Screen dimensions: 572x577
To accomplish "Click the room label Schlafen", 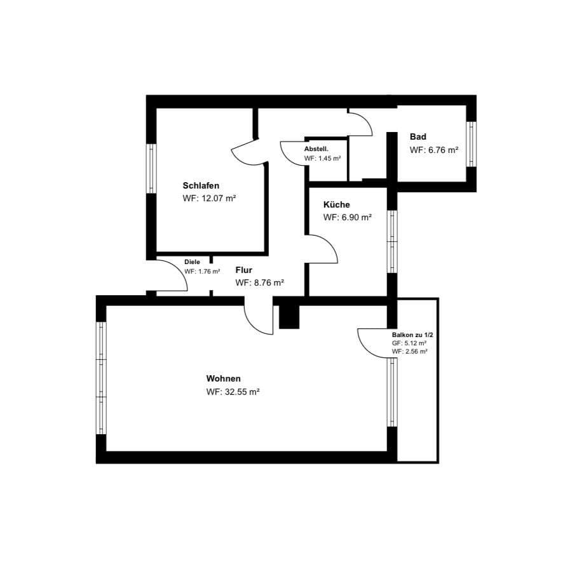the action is (201, 185).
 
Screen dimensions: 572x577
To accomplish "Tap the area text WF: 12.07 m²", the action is (209, 198).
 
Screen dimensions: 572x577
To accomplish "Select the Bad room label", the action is (418, 136).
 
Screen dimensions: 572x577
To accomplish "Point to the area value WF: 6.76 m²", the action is (434, 150).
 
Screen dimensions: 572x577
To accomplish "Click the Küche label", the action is (336, 204).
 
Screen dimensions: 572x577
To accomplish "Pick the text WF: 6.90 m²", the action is (347, 218).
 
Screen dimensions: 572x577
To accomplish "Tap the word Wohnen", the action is (223, 379).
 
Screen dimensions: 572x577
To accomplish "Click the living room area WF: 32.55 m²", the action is (233, 392).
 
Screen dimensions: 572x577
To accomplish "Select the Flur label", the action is (243, 270).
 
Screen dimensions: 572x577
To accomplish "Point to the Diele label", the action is (192, 262).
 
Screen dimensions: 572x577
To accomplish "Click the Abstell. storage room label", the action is (317, 149).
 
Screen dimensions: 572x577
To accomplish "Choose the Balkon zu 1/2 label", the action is (412, 335).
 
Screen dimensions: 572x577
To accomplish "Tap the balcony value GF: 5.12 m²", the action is (409, 343).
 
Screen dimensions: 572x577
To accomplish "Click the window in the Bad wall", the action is (471, 144).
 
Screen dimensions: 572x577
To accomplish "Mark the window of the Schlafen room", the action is (151, 169).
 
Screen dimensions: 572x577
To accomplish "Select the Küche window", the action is (392, 241).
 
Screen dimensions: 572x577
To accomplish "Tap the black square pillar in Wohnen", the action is (289, 317).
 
